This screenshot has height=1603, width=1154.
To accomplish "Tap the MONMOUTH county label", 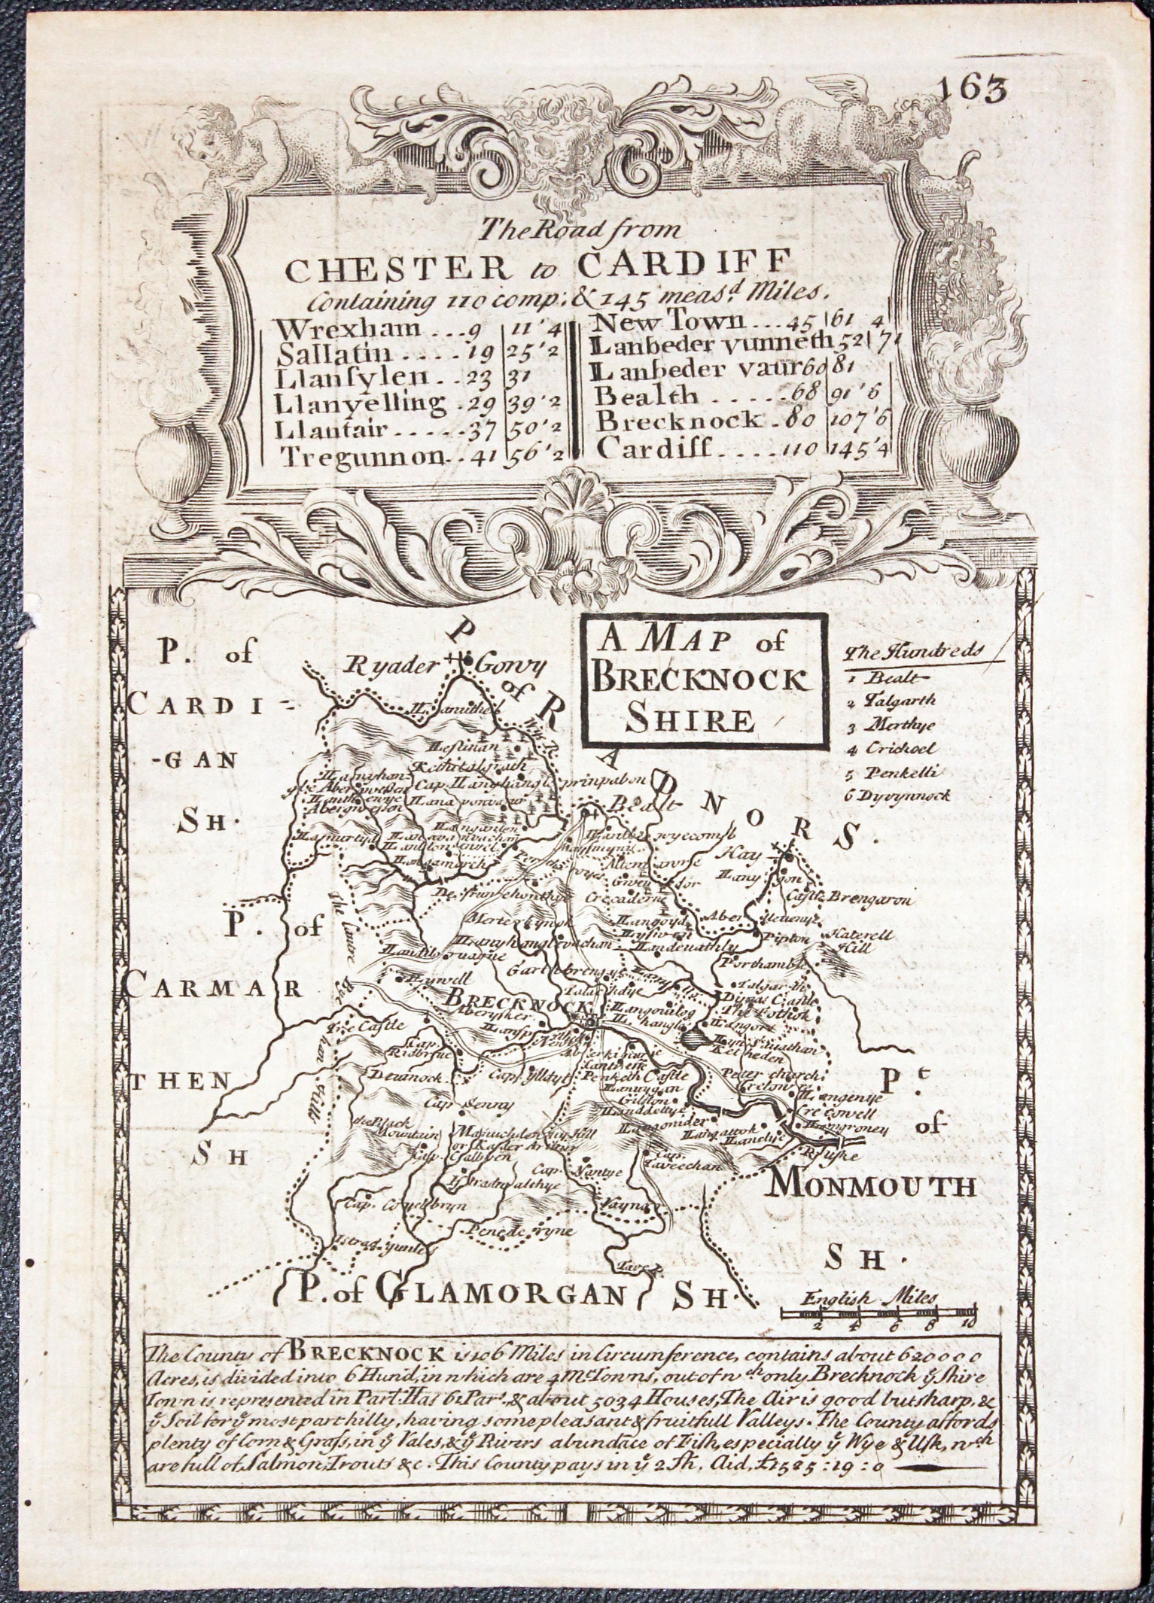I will click(872, 1208).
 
